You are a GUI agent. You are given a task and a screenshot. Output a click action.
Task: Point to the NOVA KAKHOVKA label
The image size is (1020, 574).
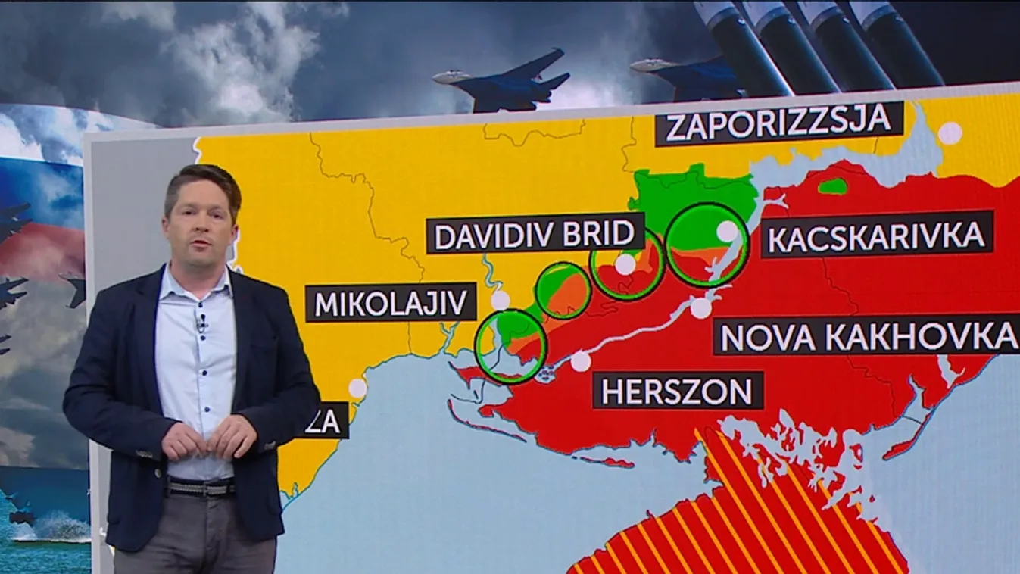(x=867, y=337)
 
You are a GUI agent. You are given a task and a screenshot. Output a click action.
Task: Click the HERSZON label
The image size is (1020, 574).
(x=678, y=392)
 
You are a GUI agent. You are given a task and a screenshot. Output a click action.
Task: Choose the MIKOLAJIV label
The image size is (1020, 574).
(x=391, y=303)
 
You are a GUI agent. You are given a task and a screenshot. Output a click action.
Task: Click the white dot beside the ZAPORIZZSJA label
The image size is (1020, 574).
(x=950, y=133)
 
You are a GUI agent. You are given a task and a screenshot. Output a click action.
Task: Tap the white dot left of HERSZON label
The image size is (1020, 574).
(x=581, y=362)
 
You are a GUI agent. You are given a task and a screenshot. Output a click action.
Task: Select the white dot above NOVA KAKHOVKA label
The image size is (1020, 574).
(x=702, y=308)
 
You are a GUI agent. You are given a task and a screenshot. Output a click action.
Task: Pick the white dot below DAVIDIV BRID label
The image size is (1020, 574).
(x=625, y=264)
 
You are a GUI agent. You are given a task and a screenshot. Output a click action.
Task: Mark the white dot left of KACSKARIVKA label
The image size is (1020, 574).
(x=727, y=231)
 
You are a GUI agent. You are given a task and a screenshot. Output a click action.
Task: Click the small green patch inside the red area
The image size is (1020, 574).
(x=834, y=186)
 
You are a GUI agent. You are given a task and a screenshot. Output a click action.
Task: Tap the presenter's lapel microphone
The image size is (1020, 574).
(x=201, y=323)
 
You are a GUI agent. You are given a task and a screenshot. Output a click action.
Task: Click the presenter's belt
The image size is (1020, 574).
(x=200, y=488)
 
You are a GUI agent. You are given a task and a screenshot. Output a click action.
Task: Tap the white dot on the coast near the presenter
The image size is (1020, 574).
(x=357, y=388)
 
